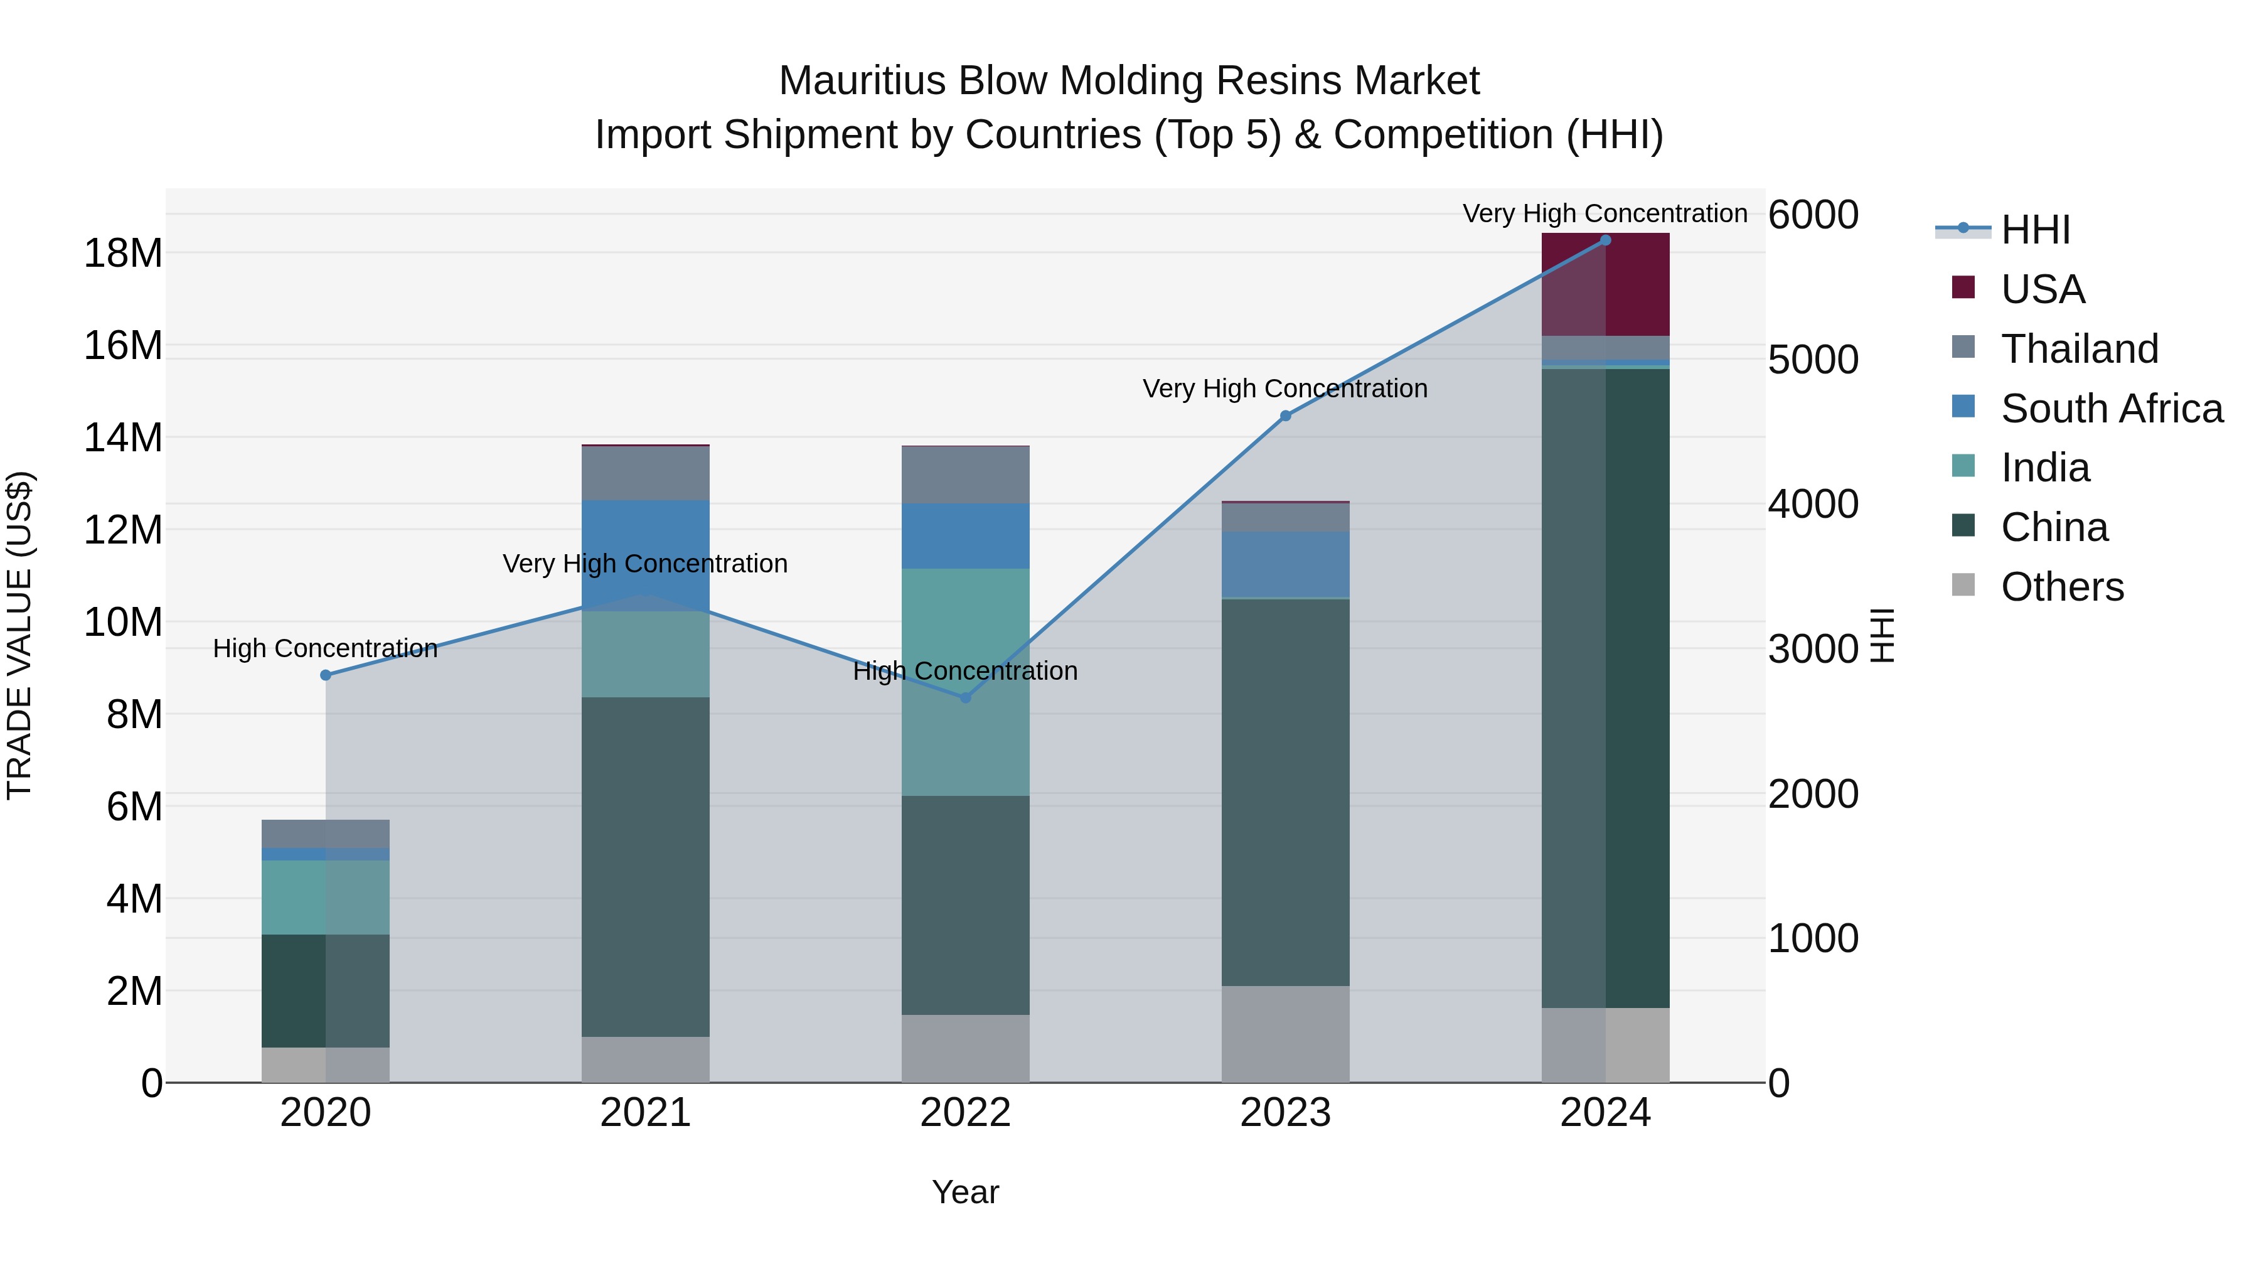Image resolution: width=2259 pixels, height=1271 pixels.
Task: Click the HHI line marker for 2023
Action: click(x=1286, y=416)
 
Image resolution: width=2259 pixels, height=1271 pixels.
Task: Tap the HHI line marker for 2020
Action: click(x=325, y=675)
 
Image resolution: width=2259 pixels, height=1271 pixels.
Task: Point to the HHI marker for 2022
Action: click(x=966, y=697)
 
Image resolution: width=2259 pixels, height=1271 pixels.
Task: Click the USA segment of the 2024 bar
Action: click(x=1606, y=284)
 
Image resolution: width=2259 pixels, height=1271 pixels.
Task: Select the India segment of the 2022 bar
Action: click(x=966, y=682)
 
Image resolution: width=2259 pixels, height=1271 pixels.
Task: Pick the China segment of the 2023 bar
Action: click(x=1286, y=791)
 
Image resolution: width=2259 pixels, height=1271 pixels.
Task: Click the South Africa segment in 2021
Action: click(x=646, y=555)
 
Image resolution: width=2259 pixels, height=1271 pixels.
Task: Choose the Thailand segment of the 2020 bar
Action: click(x=325, y=834)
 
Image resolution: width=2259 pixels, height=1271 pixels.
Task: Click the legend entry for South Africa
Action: click(x=2111, y=409)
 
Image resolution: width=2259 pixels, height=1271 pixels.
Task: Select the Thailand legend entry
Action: click(x=2078, y=349)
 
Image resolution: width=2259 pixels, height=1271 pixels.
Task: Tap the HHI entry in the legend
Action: click(x=2034, y=230)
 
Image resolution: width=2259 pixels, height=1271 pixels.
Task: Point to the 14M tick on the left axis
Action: click(x=123, y=437)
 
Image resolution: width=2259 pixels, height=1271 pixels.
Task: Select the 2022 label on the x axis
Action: click(x=966, y=1113)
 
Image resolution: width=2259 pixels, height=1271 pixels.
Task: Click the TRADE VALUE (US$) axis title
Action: click(x=19, y=635)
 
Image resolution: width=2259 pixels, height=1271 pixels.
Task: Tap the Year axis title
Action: click(x=966, y=1192)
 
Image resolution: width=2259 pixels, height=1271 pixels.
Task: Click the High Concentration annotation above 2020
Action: click(x=325, y=648)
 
